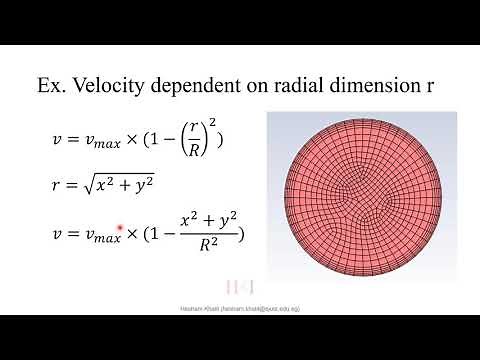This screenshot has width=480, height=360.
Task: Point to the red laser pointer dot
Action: tap(120, 229)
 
